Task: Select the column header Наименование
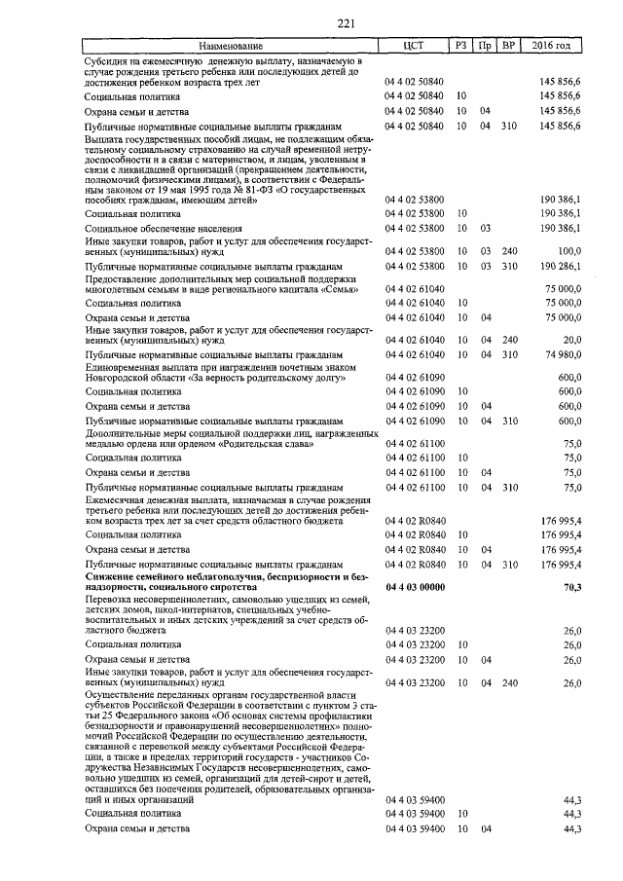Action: point(232,46)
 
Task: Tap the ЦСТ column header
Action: point(415,46)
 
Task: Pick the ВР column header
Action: point(507,46)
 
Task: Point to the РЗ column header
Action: point(460,46)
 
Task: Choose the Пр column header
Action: point(485,46)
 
